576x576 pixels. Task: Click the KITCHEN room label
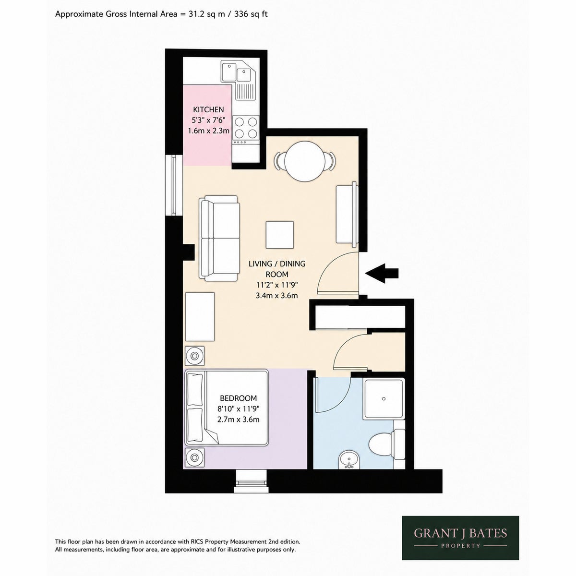tap(208, 109)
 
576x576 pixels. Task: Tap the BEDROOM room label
tap(238, 398)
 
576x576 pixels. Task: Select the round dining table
tap(305, 161)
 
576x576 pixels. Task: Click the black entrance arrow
tap(382, 273)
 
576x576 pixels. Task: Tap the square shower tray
tap(384, 399)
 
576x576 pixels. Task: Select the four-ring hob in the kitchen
tap(246, 127)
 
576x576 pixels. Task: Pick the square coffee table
tap(279, 235)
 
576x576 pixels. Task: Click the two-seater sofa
tap(219, 238)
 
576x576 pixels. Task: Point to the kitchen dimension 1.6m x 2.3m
tap(209, 131)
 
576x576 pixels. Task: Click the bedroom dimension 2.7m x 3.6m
tap(238, 420)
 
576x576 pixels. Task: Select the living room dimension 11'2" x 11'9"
tap(277, 285)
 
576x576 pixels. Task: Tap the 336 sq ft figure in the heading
tap(251, 14)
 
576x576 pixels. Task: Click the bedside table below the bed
tap(195, 457)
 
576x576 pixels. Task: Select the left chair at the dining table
tap(278, 161)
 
